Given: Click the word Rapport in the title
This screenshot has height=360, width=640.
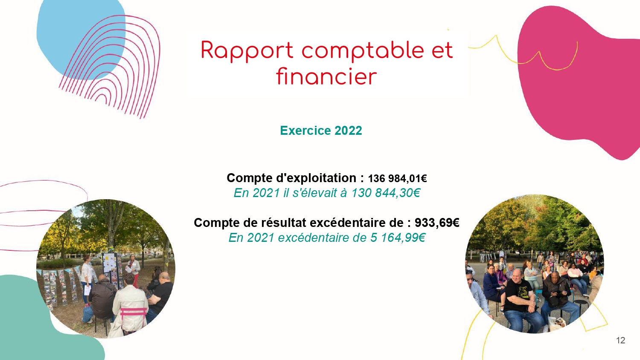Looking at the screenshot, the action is click(x=247, y=51).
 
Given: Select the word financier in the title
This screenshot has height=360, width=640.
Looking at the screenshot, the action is click(x=326, y=76).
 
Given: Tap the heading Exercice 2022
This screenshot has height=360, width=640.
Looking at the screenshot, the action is click(x=321, y=131).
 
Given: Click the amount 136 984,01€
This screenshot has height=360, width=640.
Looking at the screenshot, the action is click(x=397, y=179).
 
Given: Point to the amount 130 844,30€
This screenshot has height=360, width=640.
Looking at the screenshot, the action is click(x=386, y=193).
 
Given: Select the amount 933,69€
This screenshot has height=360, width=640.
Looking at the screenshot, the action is click(x=437, y=223).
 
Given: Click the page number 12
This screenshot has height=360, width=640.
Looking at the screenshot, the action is click(x=620, y=340).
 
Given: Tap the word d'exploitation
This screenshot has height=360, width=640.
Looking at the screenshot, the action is click(x=316, y=178).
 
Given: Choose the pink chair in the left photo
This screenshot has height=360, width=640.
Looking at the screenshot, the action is click(x=133, y=316).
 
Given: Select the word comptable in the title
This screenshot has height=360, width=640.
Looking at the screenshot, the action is click(x=363, y=51).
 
